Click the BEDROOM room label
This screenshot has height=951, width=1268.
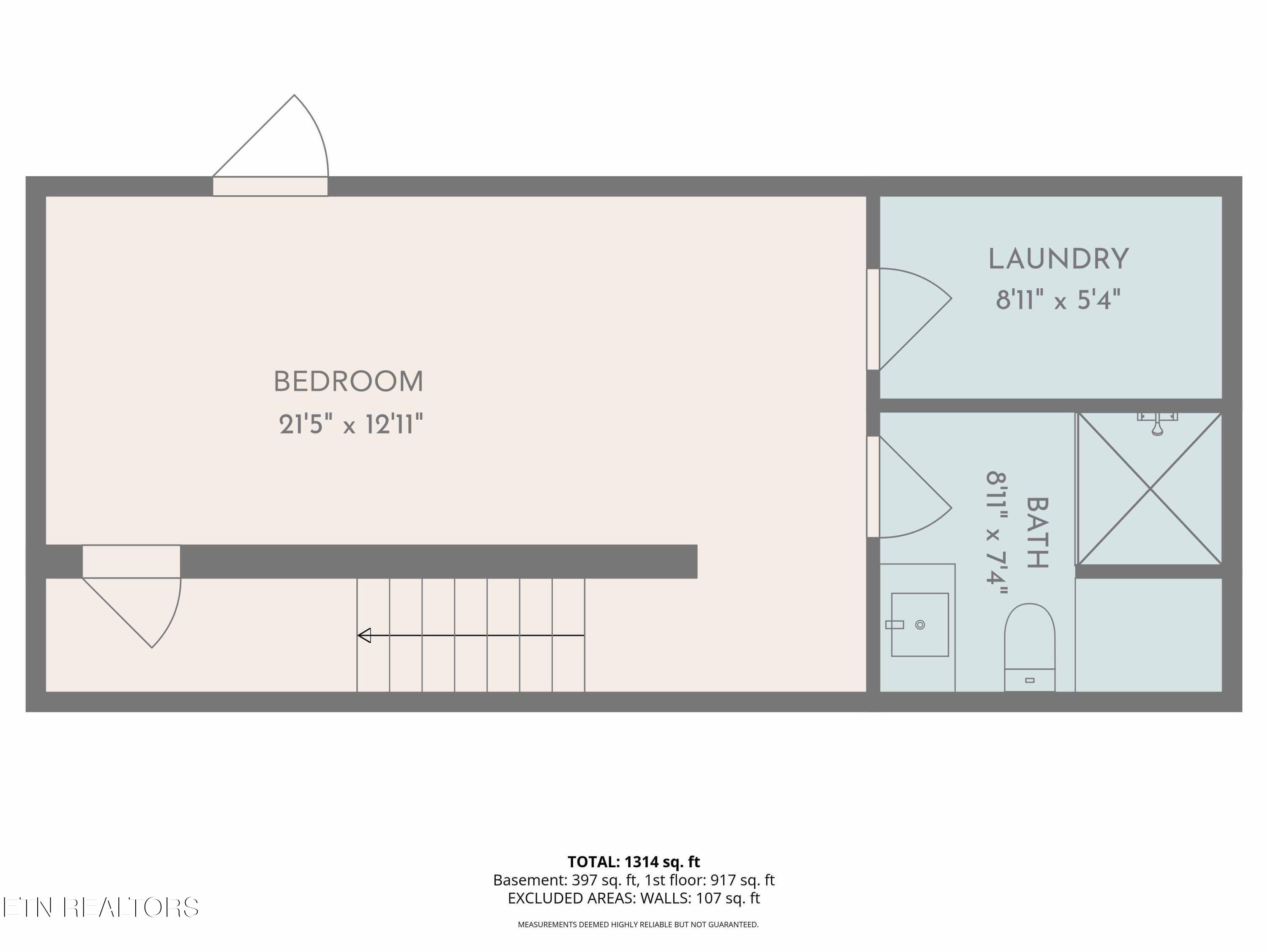[x=349, y=382]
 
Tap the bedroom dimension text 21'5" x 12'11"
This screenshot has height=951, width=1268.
[x=351, y=425]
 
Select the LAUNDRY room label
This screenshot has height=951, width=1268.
[x=1058, y=259]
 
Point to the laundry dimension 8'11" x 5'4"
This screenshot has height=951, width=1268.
[x=1058, y=300]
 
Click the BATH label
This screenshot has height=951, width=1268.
[x=1037, y=533]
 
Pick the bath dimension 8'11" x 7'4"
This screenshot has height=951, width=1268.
[x=997, y=533]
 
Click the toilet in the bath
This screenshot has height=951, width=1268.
[x=1030, y=647]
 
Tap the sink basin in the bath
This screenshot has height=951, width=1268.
[x=919, y=624]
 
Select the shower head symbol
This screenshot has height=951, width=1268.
[x=1157, y=424]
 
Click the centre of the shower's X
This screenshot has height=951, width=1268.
[x=1150, y=489]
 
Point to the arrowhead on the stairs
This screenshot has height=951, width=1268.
[x=364, y=635]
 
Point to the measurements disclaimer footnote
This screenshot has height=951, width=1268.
[x=638, y=924]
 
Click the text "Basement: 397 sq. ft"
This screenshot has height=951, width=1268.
[x=564, y=880]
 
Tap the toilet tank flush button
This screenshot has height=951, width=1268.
[x=1030, y=680]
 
